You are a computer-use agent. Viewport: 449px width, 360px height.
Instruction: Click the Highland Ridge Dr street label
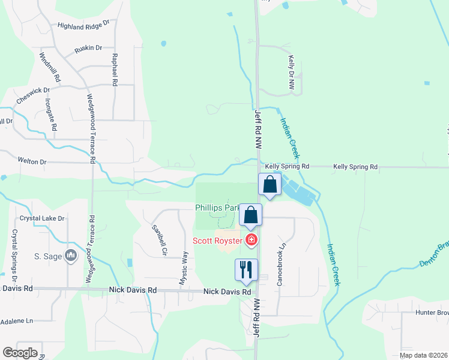[83, 25]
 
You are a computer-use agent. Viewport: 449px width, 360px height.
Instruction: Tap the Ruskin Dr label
[88, 47]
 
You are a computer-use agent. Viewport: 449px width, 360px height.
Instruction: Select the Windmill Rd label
[50, 67]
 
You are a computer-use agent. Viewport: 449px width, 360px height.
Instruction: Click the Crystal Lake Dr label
[41, 218]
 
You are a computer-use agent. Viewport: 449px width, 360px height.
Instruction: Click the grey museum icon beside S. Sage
[71, 256]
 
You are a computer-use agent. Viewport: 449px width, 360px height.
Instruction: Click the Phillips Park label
[217, 208]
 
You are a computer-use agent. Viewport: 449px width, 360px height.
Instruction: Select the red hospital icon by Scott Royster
[251, 241]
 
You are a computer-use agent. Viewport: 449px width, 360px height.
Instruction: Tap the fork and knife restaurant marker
[246, 270]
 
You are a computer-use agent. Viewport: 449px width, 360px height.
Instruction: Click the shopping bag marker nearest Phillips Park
[251, 215]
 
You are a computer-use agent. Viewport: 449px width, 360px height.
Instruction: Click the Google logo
[20, 353]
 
